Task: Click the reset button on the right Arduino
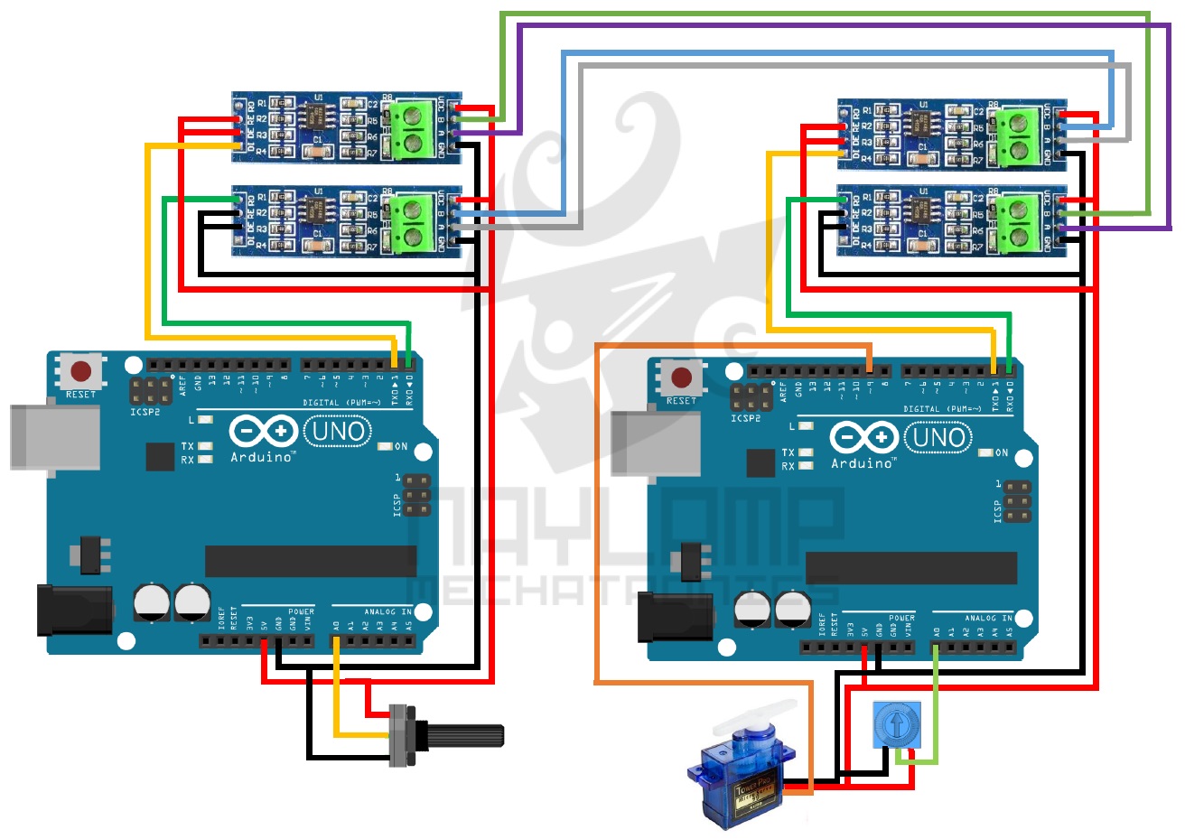coord(682,378)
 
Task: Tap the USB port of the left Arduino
coord(54,438)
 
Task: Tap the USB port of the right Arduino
coord(655,443)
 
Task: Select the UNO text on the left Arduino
coord(338,432)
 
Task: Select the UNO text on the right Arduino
coord(939,438)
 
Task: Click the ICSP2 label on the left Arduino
coord(145,413)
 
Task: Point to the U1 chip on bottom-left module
coord(316,210)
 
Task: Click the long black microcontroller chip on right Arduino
coord(910,568)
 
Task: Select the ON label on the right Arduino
coord(1001,452)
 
